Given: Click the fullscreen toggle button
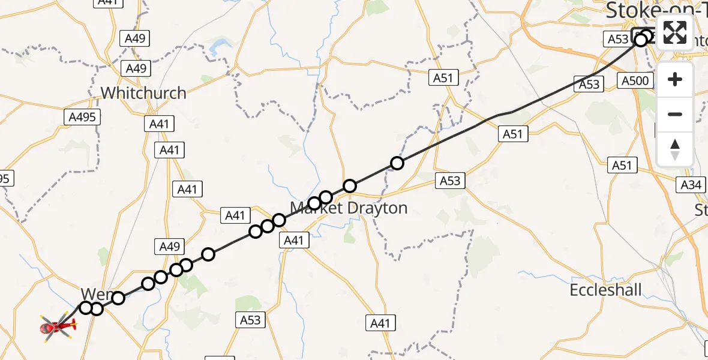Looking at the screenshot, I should tap(675, 32).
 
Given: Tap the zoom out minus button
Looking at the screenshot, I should tap(675, 114).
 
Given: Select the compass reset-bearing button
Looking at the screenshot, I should tap(675, 149).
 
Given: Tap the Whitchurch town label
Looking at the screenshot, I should tap(143, 93).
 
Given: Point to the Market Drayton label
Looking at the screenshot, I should tap(349, 208).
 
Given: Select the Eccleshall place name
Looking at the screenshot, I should tap(605, 290).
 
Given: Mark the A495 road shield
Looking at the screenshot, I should tap(82, 117).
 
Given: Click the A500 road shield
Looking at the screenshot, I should tap(635, 81).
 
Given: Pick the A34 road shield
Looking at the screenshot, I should tap(691, 185).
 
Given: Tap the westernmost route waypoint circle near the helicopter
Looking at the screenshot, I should tap(86, 308).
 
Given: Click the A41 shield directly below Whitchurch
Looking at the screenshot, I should tap(159, 124).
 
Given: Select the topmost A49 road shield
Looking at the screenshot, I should tap(135, 39).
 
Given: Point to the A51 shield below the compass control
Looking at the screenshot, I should tap(622, 164).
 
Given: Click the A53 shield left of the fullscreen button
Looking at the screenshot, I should tap(617, 39).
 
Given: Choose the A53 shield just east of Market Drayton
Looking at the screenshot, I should tap(450, 180).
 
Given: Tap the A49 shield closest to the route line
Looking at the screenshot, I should tap(169, 246).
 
